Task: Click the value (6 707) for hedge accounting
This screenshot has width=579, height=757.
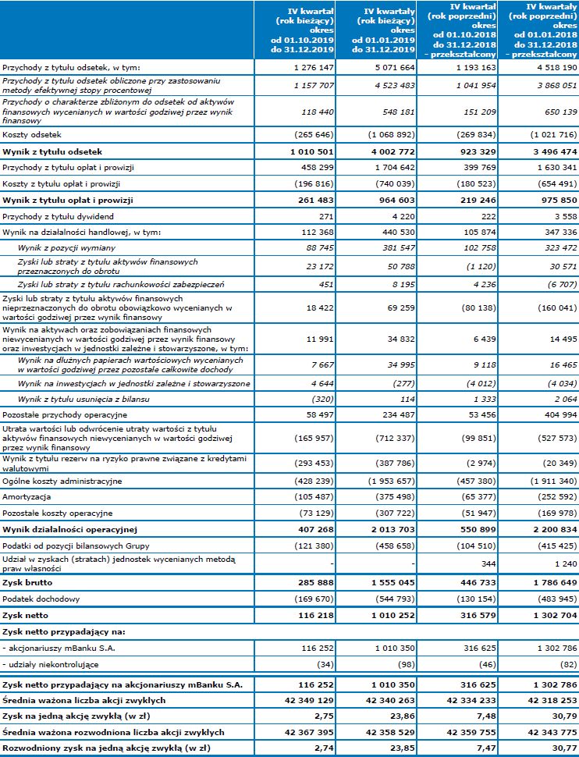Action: [x=558, y=284]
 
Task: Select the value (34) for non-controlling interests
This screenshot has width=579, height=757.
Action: [x=325, y=663]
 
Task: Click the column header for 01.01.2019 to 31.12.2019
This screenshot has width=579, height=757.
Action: [x=382, y=28]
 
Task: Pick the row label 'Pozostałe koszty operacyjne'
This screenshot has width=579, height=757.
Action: [x=58, y=514]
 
